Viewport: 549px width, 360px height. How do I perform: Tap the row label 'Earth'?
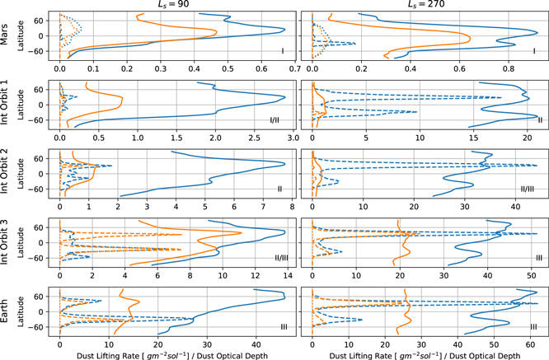tap(7, 311)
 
